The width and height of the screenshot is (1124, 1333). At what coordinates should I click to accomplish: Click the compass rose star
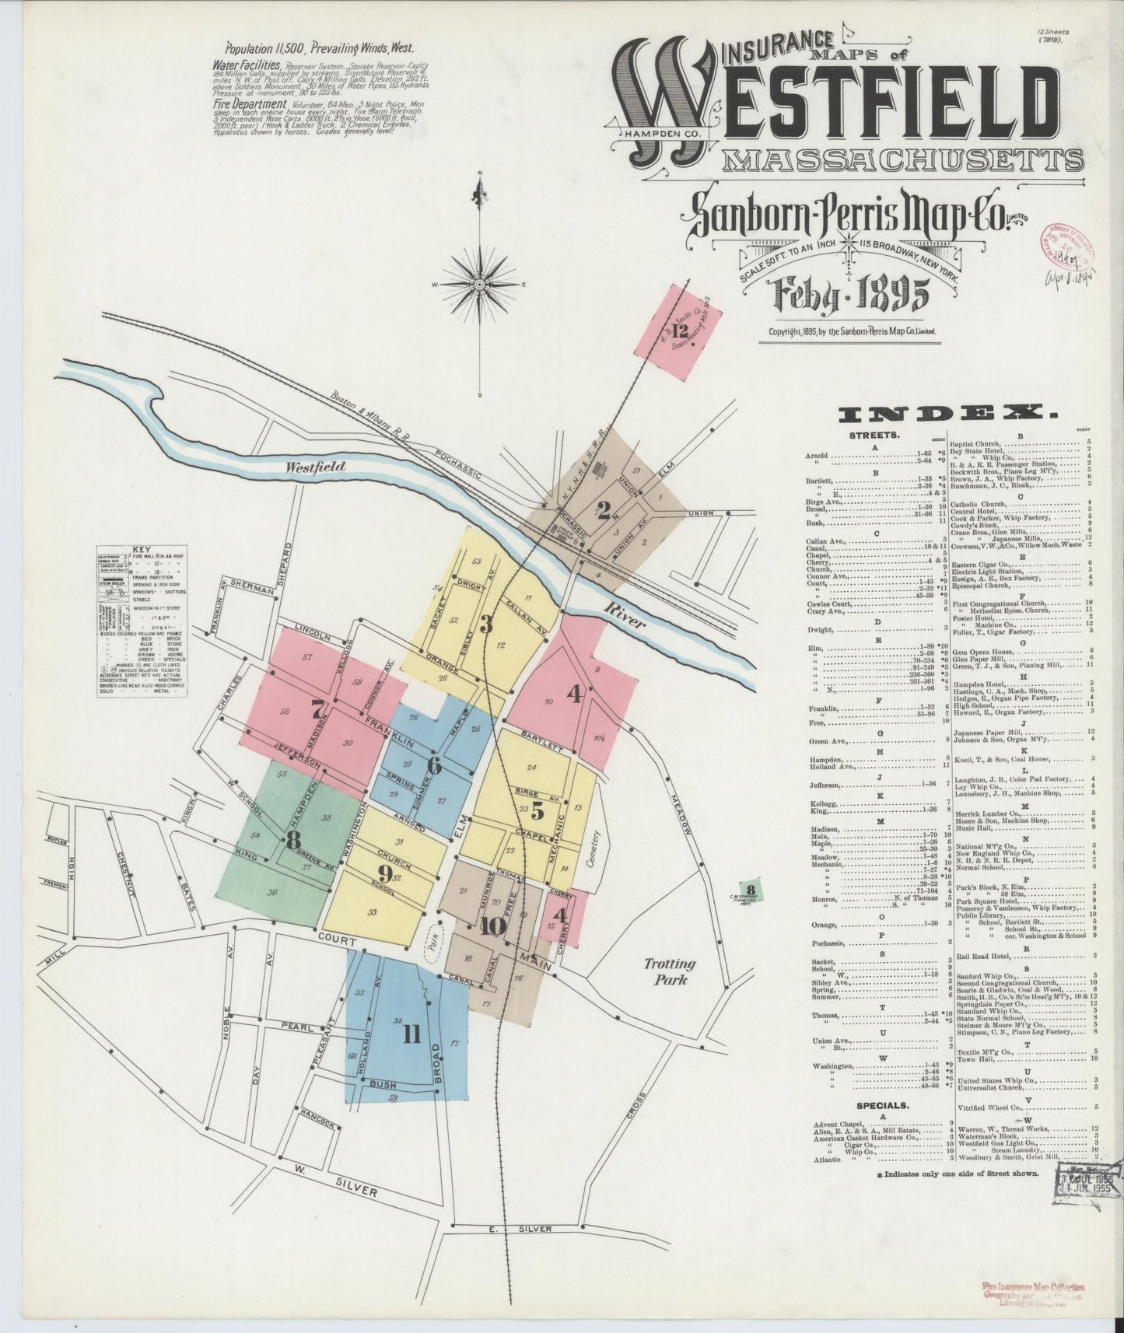480,285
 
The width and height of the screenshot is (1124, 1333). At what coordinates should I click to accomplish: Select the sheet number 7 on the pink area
317,709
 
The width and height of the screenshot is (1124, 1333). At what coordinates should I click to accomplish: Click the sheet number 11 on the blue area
411,1034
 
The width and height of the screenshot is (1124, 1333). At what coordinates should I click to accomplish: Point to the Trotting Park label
670,971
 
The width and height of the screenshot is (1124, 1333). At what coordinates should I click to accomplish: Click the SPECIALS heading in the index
881,1105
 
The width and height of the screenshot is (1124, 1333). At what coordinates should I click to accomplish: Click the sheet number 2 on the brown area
603,510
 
